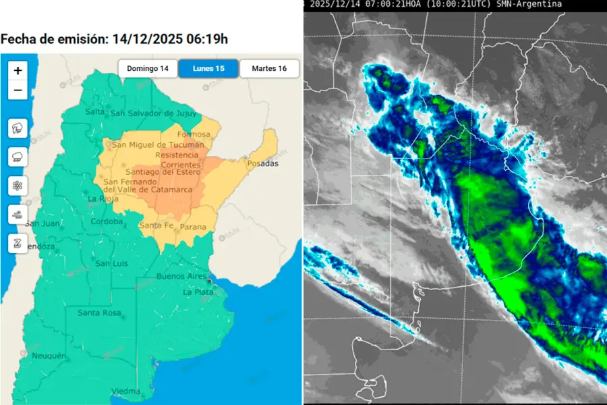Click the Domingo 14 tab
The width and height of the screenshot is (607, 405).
pyautogui.click(x=148, y=69)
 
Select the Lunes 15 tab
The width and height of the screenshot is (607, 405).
pyautogui.click(x=208, y=69)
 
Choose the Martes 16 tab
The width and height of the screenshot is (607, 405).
pyautogui.click(x=268, y=69)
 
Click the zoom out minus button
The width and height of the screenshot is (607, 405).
pyautogui.click(x=18, y=90)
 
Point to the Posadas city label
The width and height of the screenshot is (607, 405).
pyautogui.click(x=262, y=164)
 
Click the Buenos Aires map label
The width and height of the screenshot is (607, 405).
pyautogui.click(x=180, y=277)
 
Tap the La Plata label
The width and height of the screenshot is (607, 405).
pyautogui.click(x=198, y=292)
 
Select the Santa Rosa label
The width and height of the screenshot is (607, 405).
pyautogui.click(x=98, y=313)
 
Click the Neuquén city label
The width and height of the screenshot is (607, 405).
pyautogui.click(x=48, y=356)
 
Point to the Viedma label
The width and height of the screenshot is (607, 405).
pyautogui.click(x=125, y=391)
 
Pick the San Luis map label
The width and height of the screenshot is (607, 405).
pyautogui.click(x=111, y=263)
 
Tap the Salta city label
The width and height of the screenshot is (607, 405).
pyautogui.click(x=95, y=112)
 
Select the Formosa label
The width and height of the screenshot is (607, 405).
pyautogui.click(x=194, y=134)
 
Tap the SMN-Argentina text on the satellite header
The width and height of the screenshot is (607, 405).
pyautogui.click(x=531, y=4)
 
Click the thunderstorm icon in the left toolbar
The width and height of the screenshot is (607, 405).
pyautogui.click(x=18, y=128)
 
